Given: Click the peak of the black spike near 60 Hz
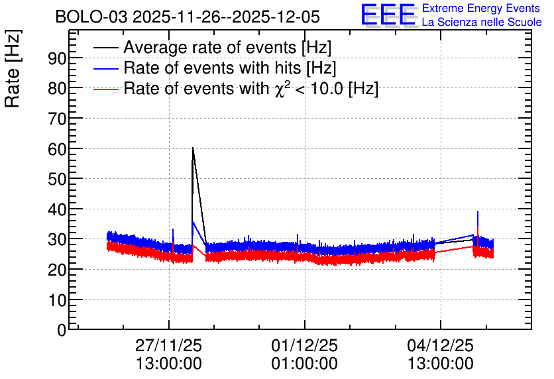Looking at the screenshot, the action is [193, 148].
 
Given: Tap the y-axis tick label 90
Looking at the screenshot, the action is [57, 58].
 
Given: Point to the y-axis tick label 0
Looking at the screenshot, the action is [62, 330].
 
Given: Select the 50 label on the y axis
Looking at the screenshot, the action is [57, 180].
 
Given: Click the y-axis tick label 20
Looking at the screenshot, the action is [57, 270].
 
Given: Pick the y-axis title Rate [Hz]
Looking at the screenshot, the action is [13, 68].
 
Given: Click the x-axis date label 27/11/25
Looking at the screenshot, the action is [168, 345].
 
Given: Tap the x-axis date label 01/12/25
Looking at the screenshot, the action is [305, 345].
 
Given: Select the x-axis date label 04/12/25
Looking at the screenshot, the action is [440, 345].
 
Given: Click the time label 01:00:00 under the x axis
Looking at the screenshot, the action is [305, 364].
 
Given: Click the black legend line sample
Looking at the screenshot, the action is [105, 48].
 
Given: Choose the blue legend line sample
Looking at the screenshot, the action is [105, 68].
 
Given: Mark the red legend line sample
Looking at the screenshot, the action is [105, 89].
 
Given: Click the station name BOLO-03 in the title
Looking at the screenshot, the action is [91, 17].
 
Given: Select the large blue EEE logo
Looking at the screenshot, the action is [388, 15].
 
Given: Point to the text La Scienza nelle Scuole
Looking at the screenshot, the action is [482, 23].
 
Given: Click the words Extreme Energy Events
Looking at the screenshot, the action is [481, 8].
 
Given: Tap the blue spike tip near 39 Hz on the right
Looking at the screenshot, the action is [478, 211].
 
